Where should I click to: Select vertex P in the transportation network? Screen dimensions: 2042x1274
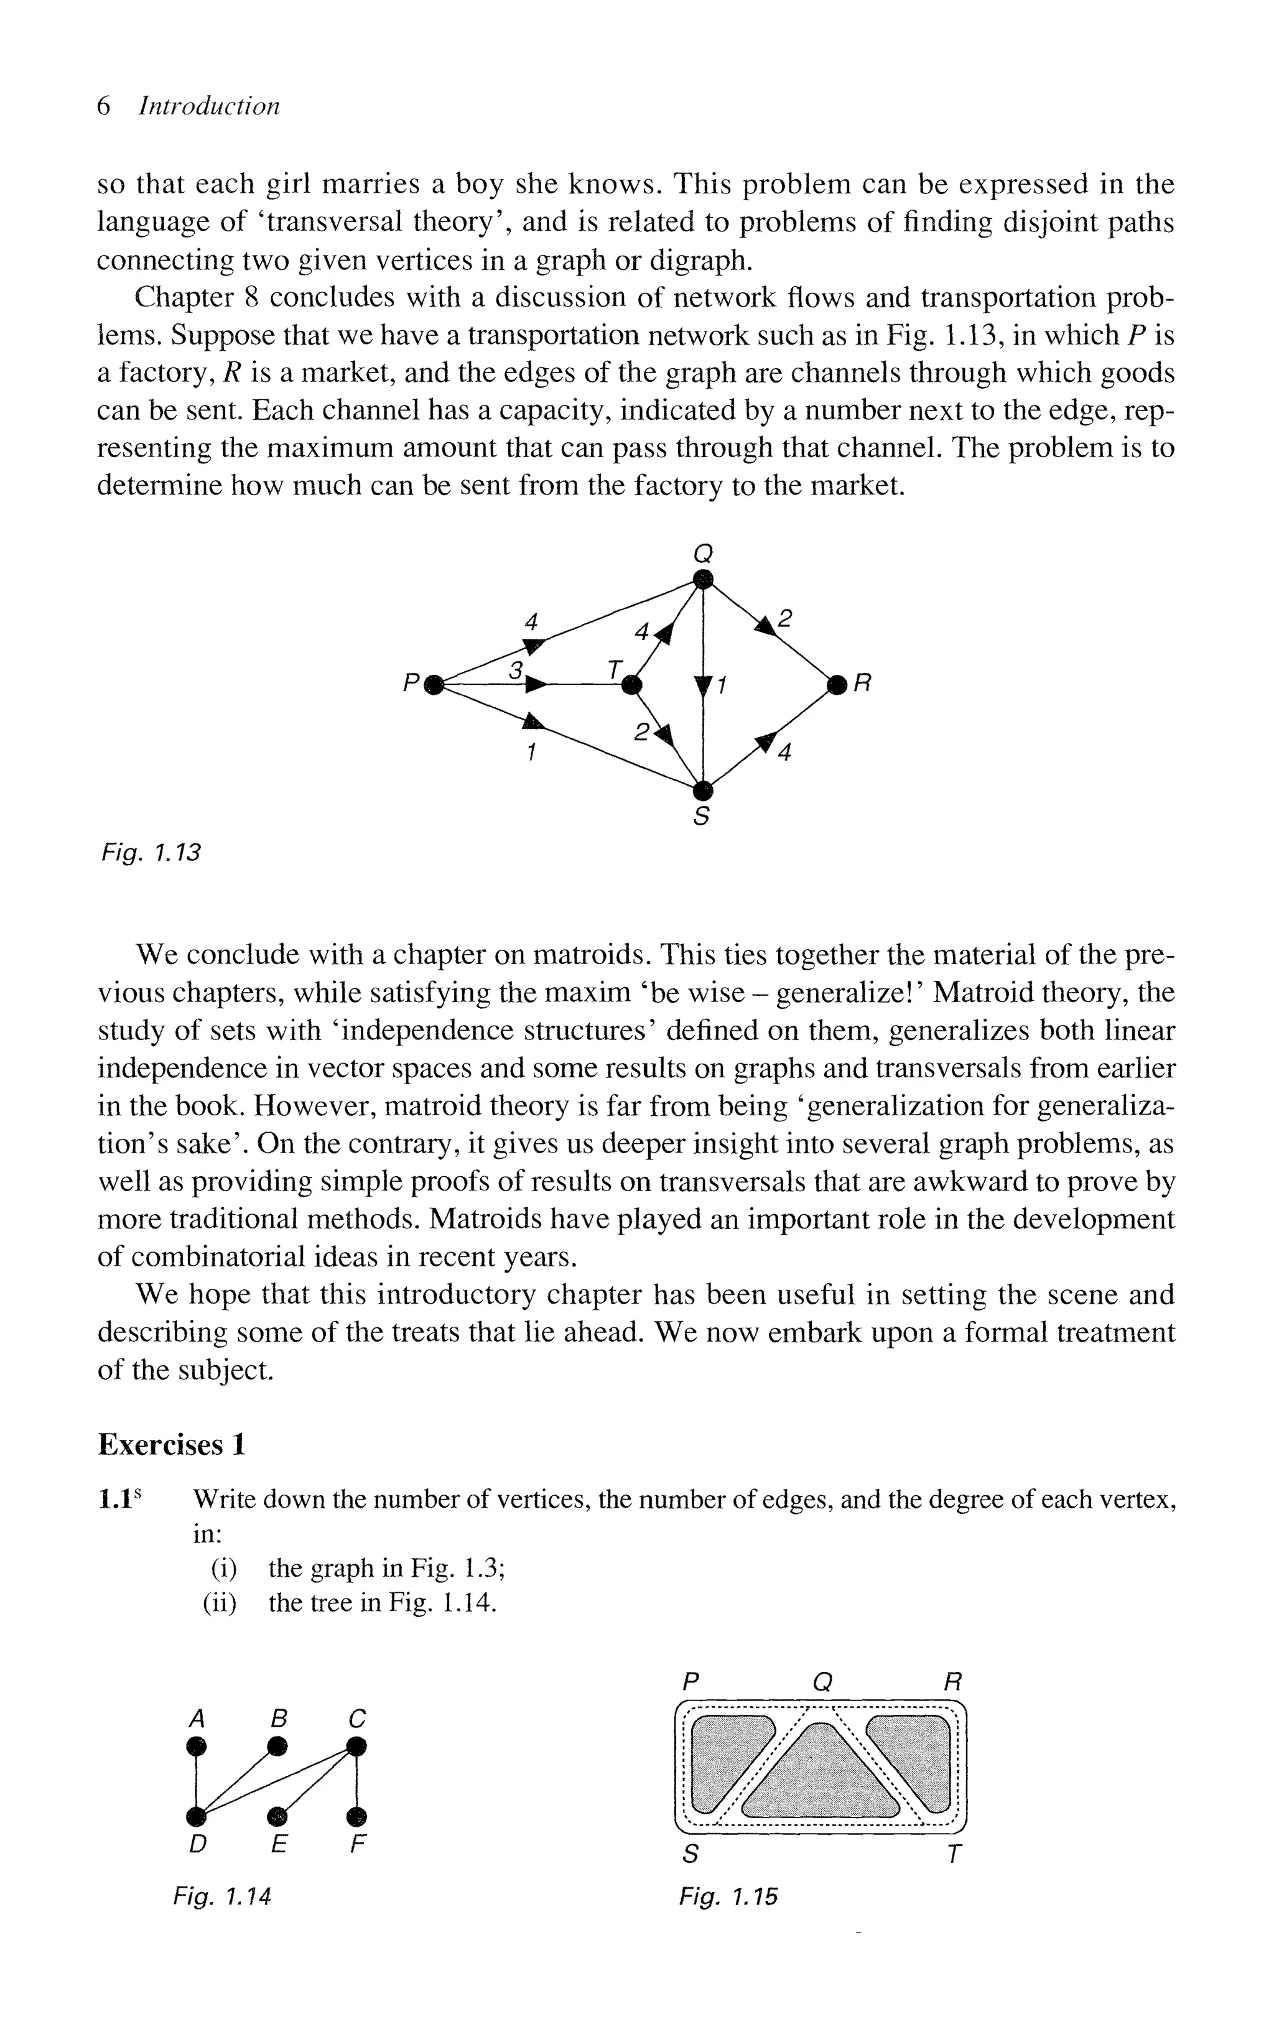pyautogui.click(x=433, y=684)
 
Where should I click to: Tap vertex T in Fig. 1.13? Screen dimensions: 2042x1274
pyautogui.click(x=630, y=685)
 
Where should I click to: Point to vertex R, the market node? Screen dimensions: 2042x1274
pyautogui.click(x=836, y=685)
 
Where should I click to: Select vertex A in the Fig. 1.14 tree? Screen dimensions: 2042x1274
pyautogui.click(x=197, y=1747)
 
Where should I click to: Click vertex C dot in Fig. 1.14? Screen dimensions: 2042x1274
pyautogui.click(x=357, y=1747)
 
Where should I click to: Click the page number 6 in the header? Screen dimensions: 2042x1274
pyautogui.click(x=105, y=106)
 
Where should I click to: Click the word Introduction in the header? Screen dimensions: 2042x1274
pyautogui.click(x=208, y=106)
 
